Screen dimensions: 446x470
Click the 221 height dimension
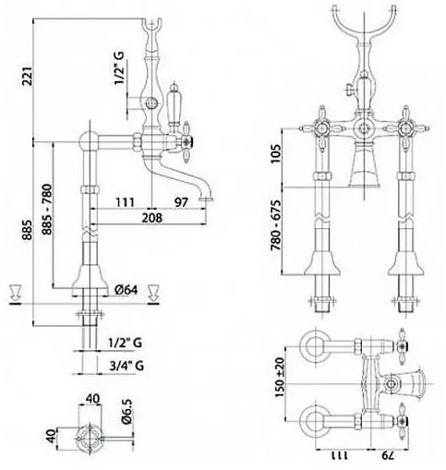click(27, 76)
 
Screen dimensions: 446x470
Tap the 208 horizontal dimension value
click(152, 218)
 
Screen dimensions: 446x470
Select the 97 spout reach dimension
click(181, 202)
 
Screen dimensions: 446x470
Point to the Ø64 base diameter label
click(127, 290)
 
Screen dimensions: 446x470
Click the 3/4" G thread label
click(127, 366)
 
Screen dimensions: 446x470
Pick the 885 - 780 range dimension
click(47, 210)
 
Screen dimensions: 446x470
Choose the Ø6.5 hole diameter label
click(127, 411)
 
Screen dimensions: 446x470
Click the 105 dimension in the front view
click(276, 153)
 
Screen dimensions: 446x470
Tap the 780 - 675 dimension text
click(276, 225)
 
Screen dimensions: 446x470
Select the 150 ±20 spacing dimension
click(280, 377)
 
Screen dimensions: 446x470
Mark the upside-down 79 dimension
click(388, 455)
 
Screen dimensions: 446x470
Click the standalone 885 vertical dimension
click(27, 230)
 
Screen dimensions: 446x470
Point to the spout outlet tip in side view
click(207, 199)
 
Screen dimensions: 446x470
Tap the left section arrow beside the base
click(15, 294)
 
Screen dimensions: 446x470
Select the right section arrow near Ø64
click(153, 294)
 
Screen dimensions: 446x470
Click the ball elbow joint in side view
click(89, 141)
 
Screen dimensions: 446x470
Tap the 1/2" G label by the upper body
click(119, 68)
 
